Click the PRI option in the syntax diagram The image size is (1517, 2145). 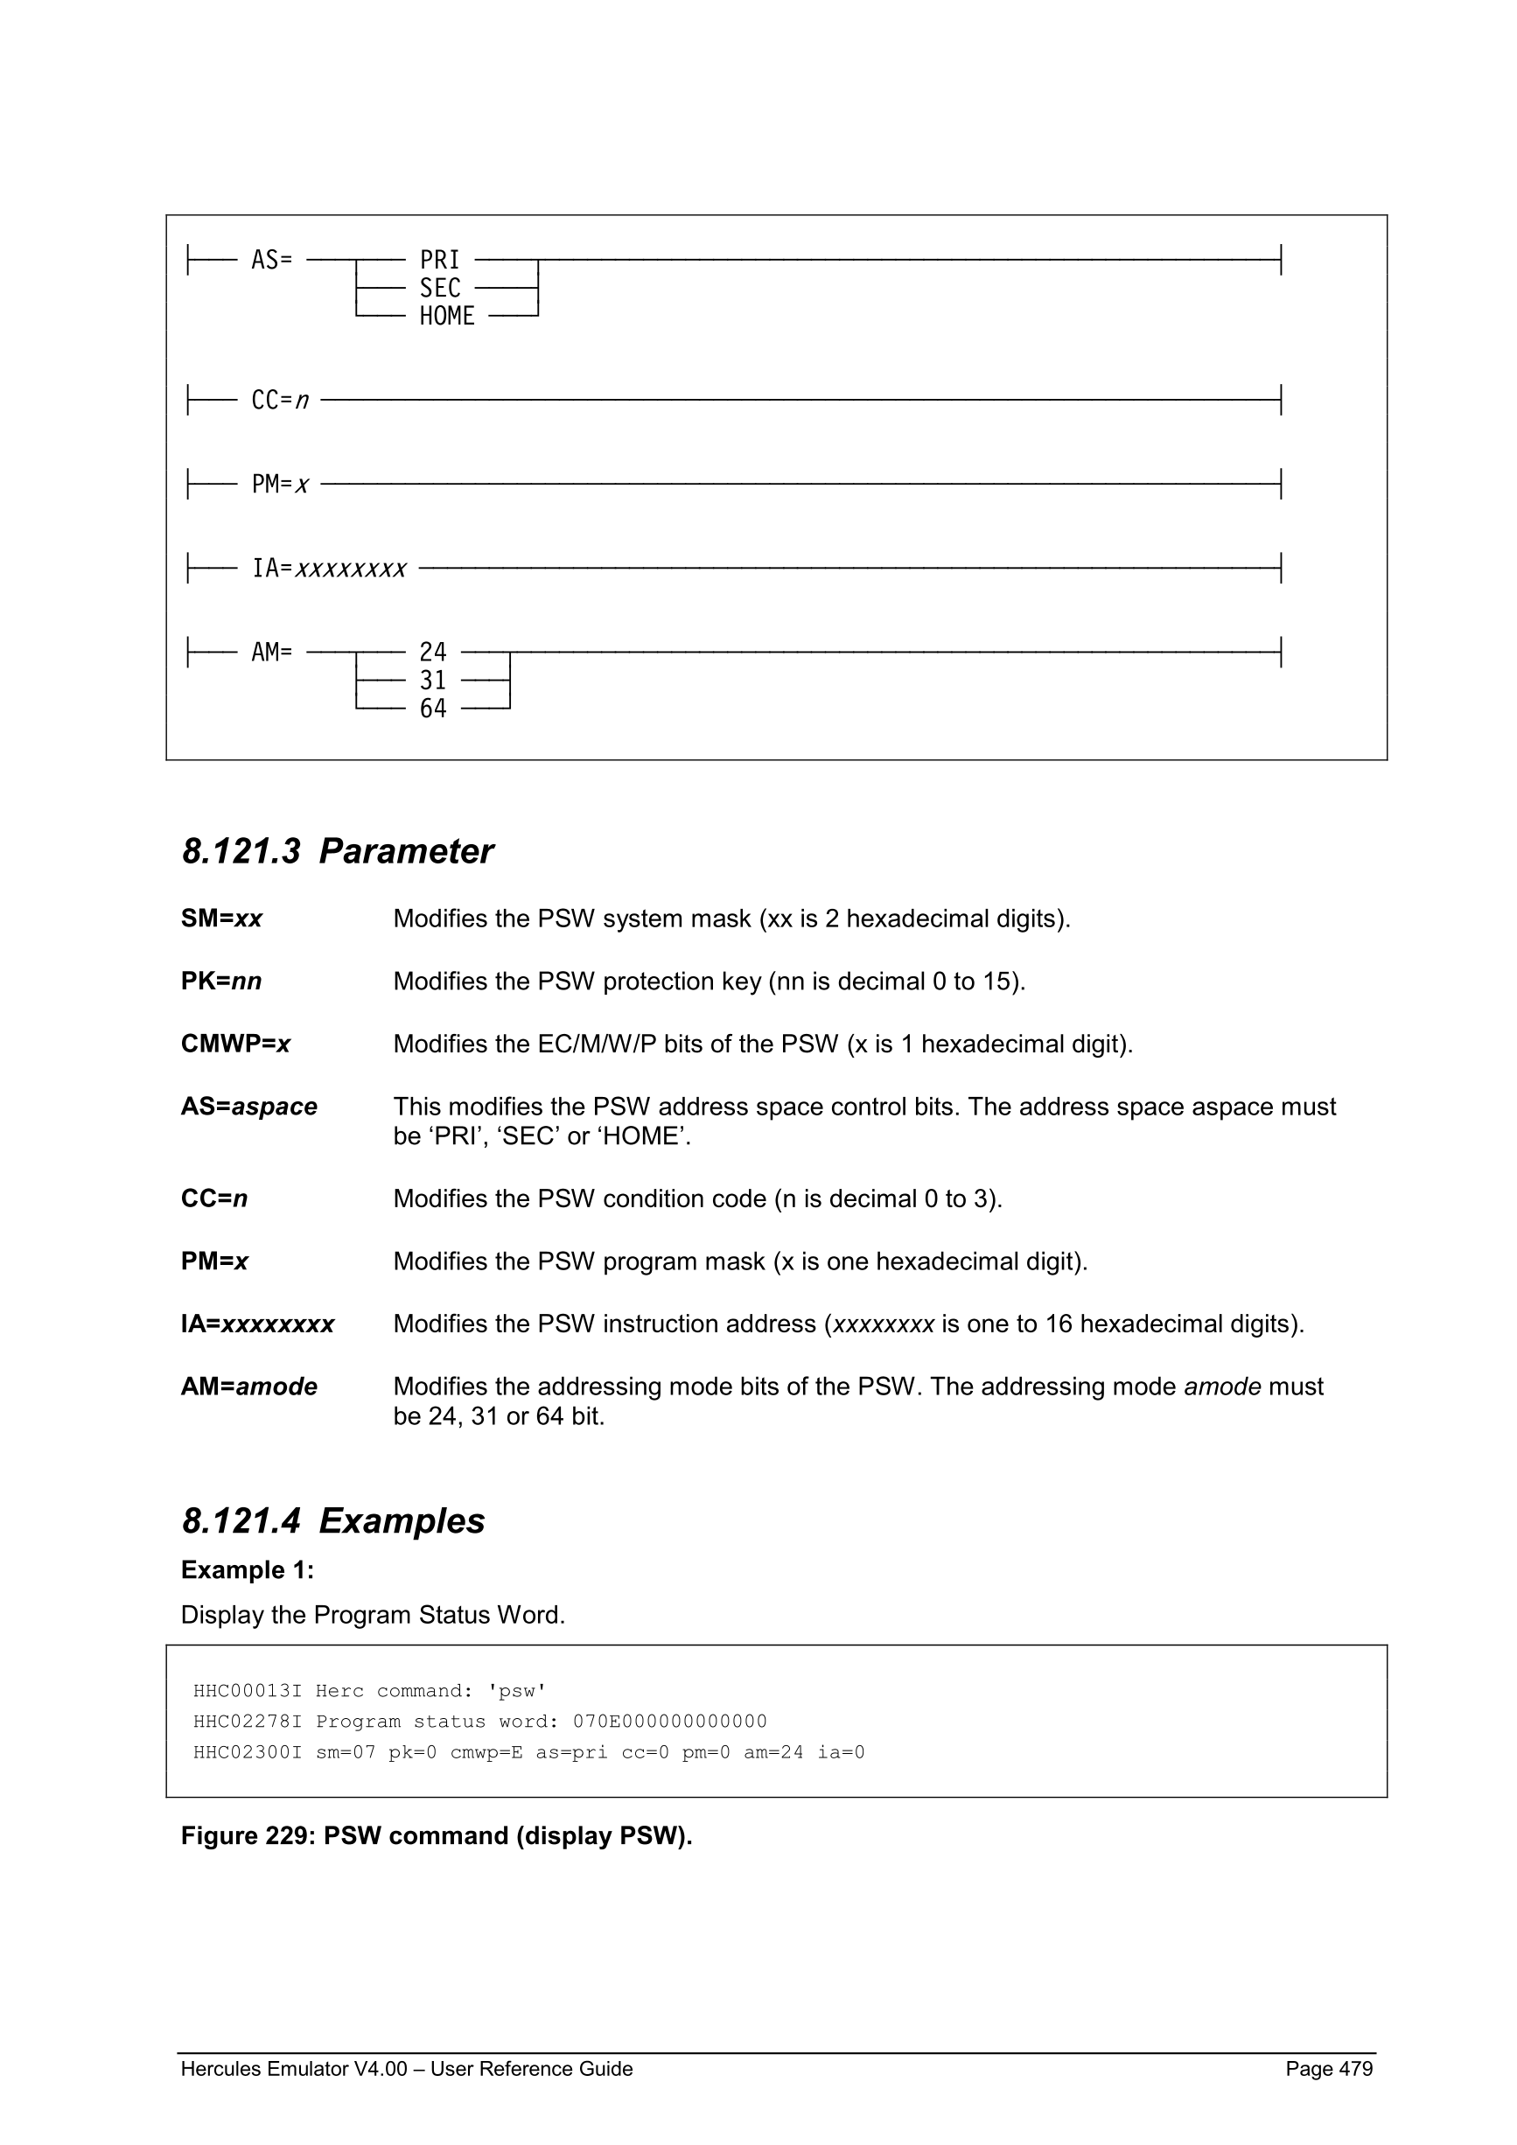click(439, 260)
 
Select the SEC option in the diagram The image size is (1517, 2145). click(439, 288)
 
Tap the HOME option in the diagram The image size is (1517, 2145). click(446, 317)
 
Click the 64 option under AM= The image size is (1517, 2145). click(432, 709)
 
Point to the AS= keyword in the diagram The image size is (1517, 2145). click(271, 260)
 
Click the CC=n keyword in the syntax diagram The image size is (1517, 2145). click(279, 401)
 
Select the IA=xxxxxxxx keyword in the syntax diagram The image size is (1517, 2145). click(329, 568)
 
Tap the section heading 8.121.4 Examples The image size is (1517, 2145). click(332, 1521)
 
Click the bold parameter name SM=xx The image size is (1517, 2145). click(221, 919)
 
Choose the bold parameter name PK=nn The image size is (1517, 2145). click(221, 982)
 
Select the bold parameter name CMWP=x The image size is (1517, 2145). click(235, 1045)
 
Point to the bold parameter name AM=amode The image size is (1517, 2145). click(248, 1387)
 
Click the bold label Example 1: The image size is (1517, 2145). click(248, 1570)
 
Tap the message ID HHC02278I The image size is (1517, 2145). click(247, 1722)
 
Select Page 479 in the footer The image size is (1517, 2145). click(1328, 2069)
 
